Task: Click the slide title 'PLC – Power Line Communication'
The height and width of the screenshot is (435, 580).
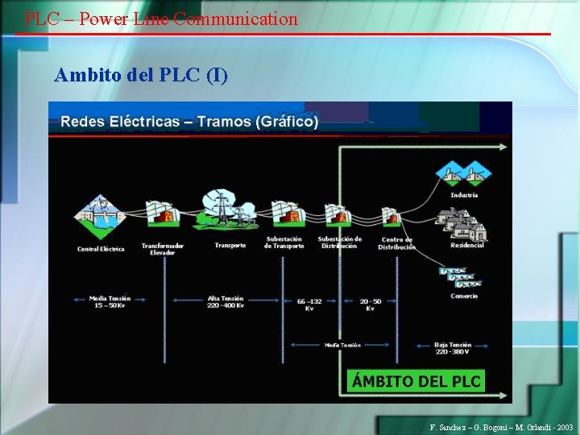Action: point(161,19)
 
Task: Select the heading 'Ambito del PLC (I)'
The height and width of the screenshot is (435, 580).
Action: point(141,76)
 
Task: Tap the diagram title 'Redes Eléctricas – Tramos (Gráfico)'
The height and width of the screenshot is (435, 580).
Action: point(189,122)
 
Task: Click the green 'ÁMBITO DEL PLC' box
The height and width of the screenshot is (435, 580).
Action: point(416,381)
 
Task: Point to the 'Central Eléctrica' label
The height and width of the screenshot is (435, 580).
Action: point(101,249)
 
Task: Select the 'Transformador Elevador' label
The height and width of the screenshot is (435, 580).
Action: point(163,248)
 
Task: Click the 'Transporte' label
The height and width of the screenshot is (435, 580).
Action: point(230,245)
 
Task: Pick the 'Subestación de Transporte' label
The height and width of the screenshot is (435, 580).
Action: point(284,242)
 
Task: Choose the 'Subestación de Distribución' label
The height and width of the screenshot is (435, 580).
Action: point(339,242)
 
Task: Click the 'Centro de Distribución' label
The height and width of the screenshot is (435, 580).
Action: point(397,243)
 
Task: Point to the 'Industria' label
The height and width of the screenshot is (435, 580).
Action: point(464,195)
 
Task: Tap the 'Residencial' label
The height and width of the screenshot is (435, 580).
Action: point(467,245)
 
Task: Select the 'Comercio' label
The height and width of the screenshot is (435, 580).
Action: point(464,296)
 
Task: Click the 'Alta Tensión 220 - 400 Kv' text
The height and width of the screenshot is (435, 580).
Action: point(226,302)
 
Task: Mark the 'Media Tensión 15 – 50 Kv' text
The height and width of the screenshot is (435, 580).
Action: point(110,302)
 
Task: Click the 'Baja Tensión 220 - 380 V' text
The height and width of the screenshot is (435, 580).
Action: point(453,348)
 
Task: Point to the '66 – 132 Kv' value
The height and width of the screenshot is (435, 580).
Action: point(309,304)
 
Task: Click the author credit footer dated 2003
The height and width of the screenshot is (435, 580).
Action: point(502,427)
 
